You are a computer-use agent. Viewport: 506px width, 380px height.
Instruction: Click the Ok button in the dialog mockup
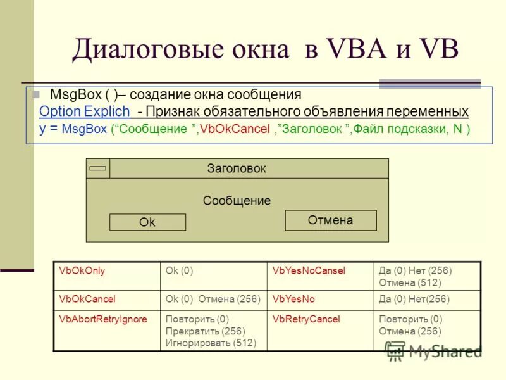[x=147, y=222]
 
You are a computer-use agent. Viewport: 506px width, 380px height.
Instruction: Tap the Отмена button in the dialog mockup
[x=330, y=220]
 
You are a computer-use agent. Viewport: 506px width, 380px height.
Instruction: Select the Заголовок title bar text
[x=237, y=168]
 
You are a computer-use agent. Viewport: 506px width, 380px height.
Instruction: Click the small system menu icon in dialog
[x=98, y=168]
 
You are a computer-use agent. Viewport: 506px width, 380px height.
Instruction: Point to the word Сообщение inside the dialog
[x=237, y=201]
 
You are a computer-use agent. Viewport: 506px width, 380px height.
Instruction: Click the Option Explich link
[x=84, y=112]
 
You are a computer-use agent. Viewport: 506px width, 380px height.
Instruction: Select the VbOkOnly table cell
[x=82, y=270]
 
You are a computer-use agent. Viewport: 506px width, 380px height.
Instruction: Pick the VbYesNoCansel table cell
[x=309, y=270]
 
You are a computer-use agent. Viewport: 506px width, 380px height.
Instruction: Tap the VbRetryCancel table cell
[x=306, y=319]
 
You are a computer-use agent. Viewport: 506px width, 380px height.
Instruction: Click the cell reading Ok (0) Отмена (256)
[x=213, y=298]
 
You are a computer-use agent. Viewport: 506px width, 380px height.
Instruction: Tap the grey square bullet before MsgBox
[x=36, y=94]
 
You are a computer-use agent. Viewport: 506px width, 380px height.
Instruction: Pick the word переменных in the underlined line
[x=428, y=112]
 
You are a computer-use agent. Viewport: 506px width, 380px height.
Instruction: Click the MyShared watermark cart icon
[x=395, y=350]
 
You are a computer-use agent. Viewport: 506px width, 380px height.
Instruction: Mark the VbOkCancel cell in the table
[x=87, y=298]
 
